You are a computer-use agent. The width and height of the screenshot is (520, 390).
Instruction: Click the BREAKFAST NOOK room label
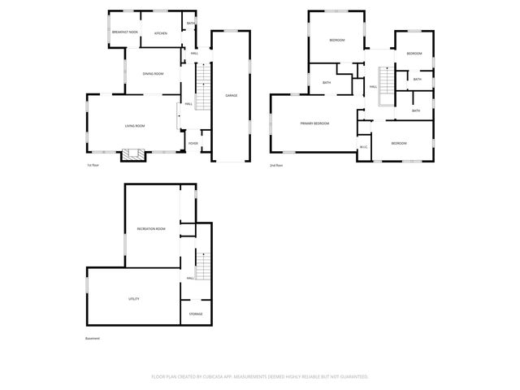[x=124, y=32]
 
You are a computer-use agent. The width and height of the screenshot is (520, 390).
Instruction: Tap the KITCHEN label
[x=161, y=33]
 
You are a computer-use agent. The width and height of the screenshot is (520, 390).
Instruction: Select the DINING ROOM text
[x=153, y=74]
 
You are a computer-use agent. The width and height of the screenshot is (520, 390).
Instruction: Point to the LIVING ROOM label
[x=135, y=125]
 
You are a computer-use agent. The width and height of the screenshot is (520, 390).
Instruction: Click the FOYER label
[x=193, y=144]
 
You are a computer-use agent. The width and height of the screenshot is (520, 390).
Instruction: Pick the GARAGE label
[x=232, y=96]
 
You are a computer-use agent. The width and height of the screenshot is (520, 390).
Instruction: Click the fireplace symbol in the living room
[x=132, y=154]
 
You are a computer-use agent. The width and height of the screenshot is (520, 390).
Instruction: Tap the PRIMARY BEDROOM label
[x=314, y=123]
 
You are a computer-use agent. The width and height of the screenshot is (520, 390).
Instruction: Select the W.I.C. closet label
[x=364, y=147]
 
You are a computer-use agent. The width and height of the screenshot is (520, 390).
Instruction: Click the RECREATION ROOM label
[x=151, y=229]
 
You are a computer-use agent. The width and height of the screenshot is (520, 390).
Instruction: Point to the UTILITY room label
[x=133, y=299]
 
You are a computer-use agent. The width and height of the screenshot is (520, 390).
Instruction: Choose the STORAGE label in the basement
[x=196, y=314]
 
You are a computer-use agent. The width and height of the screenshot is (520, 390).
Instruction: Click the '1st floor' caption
[x=93, y=165]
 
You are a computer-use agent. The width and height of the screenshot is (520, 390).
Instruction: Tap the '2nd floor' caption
[x=276, y=165]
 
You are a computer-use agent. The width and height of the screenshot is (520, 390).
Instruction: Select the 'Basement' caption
[x=92, y=338]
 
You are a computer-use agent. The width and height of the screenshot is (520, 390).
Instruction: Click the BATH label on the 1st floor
[x=190, y=24]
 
